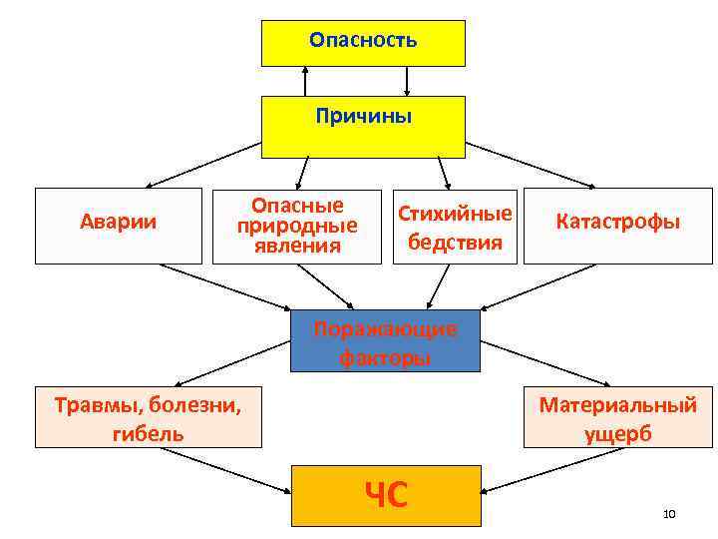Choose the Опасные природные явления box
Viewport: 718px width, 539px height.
(x=297, y=226)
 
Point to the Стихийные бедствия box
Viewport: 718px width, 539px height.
(x=456, y=227)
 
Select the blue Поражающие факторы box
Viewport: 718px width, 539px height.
(x=385, y=341)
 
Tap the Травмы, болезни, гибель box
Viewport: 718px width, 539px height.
(x=149, y=417)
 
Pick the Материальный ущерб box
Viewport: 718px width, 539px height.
(x=618, y=417)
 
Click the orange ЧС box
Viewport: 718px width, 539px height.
(x=385, y=495)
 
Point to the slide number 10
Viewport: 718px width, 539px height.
(x=668, y=514)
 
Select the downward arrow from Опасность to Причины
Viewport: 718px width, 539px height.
(x=407, y=81)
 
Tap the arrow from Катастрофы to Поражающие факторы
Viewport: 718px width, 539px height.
(x=543, y=285)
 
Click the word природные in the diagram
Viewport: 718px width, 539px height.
(x=297, y=226)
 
